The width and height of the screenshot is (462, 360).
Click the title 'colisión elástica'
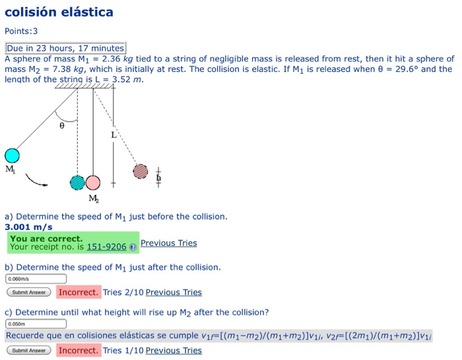[59, 12]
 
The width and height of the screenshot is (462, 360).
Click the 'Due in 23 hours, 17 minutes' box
[65, 48]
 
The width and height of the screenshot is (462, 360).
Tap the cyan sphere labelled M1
[12, 156]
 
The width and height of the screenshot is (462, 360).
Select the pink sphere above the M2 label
[93, 183]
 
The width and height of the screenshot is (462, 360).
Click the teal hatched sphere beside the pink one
[78, 183]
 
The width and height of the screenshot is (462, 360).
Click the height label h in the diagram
[158, 177]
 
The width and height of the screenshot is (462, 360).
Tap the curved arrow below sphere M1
[37, 179]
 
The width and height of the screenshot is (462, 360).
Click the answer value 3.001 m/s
[28, 226]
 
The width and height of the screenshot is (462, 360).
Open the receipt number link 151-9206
[106, 247]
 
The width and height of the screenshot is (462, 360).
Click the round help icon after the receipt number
[133, 247]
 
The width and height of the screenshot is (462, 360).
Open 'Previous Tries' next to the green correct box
[168, 243]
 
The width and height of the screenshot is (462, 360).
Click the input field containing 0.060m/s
[36, 279]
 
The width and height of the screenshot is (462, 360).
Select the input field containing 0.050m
[36, 324]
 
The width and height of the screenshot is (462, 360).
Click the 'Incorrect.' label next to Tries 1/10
[79, 350]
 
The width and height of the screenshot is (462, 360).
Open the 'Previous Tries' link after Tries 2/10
[174, 292]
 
